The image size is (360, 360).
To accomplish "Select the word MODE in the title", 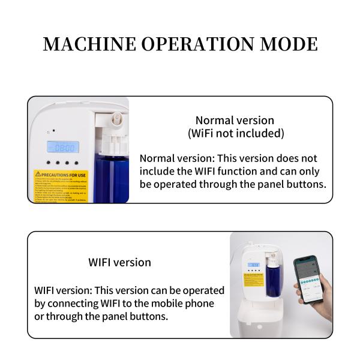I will coord(290,44).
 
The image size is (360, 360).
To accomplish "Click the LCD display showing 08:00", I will coord(62,147).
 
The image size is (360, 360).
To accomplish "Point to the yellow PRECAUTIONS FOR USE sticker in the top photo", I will coord(60,186).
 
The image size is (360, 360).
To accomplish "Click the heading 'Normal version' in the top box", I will coord(235,121).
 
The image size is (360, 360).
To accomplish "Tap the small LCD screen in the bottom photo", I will coord(253,264).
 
